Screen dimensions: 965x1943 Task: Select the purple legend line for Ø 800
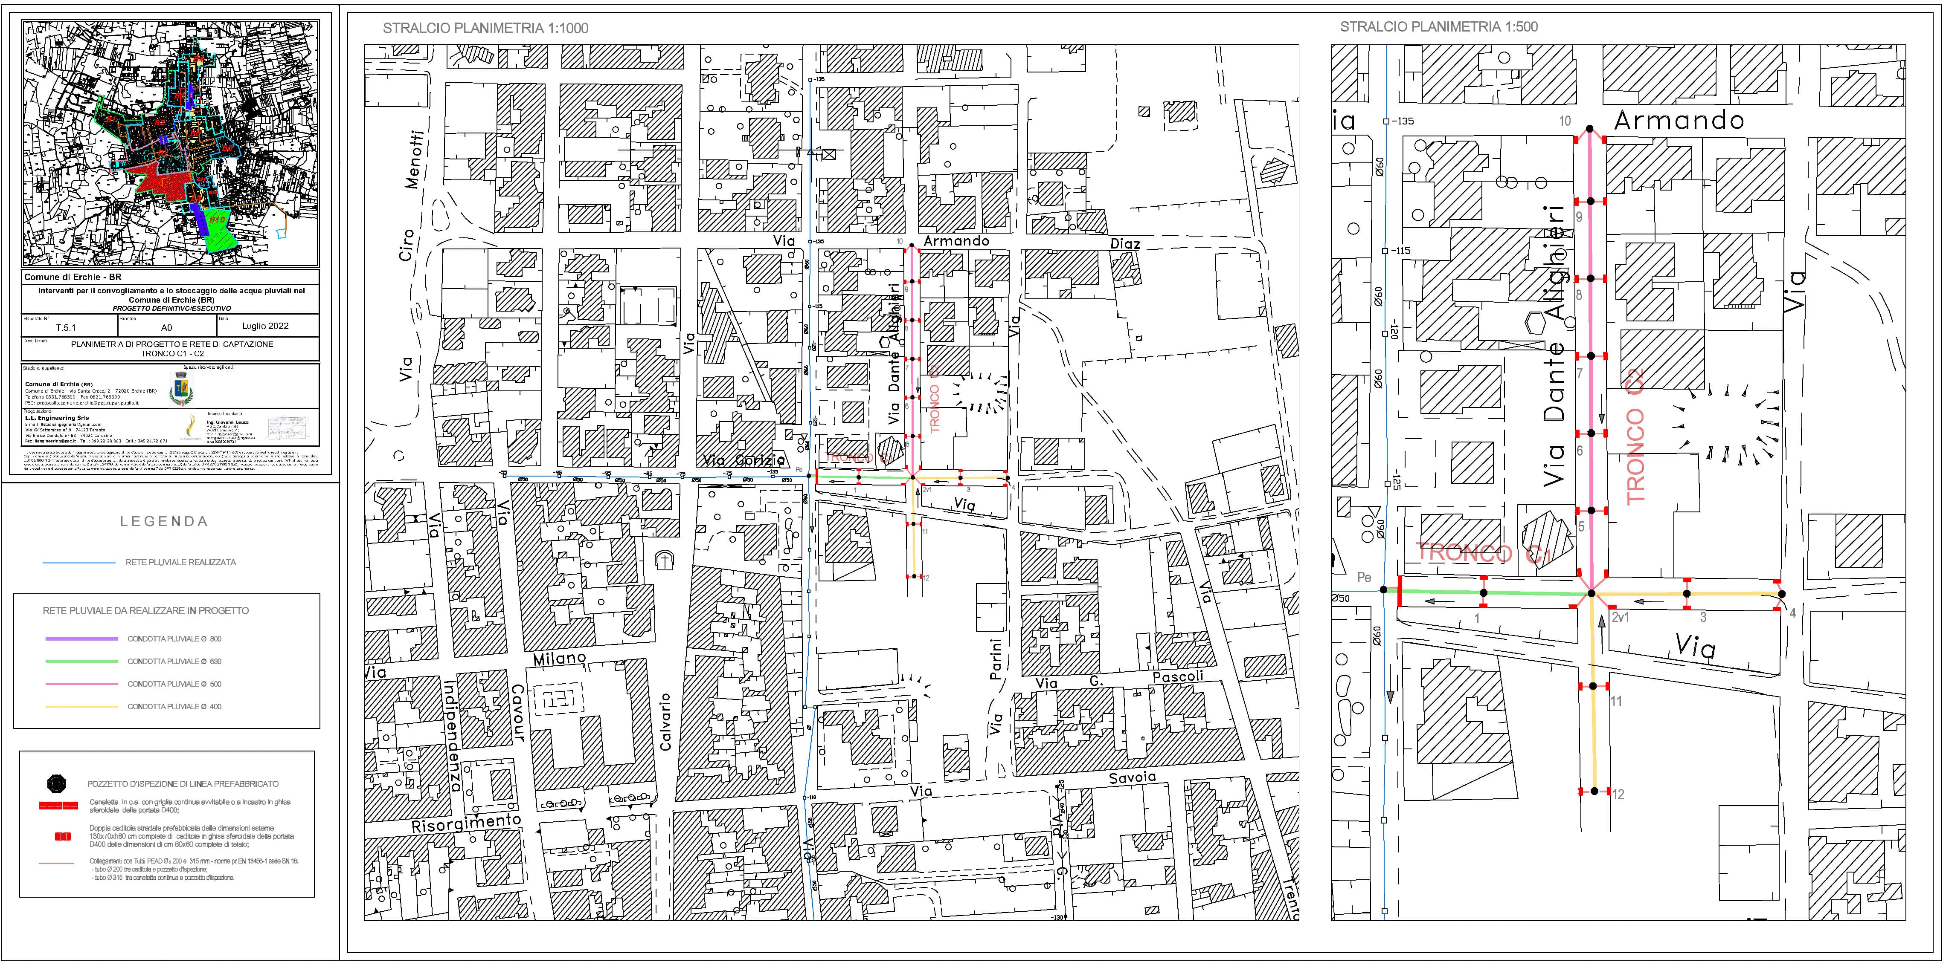81,639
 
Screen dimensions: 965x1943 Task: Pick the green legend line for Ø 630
81,661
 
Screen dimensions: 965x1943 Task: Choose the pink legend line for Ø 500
81,684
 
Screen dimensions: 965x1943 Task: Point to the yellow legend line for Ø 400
81,706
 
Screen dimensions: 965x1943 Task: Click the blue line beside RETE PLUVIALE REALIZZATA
81,562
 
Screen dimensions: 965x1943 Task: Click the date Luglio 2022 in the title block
265,326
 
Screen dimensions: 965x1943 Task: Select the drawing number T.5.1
66,327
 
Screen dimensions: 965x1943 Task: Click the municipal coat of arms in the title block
181,390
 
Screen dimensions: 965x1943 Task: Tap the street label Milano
560,658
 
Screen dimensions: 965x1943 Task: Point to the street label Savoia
1131,777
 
